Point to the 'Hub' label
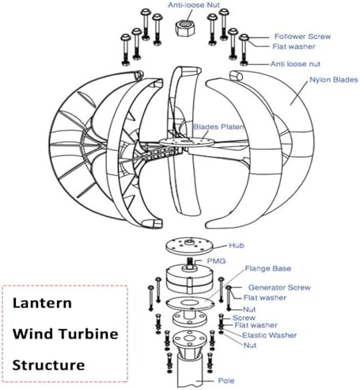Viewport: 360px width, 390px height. tap(236, 246)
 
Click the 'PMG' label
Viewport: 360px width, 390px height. tap(216, 260)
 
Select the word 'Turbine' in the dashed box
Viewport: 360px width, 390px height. tap(89, 333)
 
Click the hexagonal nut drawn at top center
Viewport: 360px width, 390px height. tap(187, 25)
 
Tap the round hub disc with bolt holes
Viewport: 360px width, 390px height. tap(188, 247)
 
